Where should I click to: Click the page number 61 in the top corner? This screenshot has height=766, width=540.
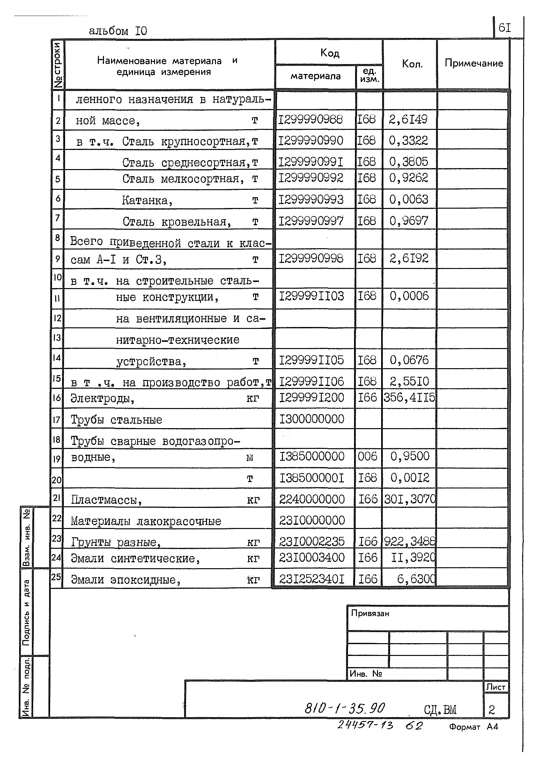504,28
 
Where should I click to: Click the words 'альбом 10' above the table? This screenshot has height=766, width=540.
117,31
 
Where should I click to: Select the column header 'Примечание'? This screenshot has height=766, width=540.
473,63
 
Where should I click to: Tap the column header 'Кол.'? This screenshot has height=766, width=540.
412,64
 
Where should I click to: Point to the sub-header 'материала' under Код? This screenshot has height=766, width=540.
315,76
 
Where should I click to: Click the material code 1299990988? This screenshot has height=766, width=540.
310,119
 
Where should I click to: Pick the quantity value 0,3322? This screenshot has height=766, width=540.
408,140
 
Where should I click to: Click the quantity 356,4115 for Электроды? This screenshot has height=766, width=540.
409,398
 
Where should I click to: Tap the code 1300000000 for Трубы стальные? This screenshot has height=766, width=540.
311,419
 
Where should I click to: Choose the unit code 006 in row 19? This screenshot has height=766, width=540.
367,457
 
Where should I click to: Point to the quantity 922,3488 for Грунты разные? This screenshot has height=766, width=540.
410,541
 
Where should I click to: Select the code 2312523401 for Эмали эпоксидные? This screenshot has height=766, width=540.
312,579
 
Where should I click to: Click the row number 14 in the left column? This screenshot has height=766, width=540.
57,358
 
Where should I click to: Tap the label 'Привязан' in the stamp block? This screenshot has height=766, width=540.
370,614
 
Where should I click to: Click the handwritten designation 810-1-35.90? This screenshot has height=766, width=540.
344,708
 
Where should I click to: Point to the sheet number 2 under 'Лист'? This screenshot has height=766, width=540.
492,710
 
